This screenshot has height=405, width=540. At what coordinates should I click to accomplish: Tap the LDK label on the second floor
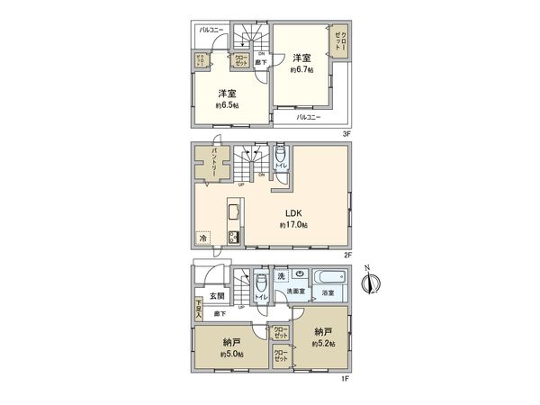click(293, 213)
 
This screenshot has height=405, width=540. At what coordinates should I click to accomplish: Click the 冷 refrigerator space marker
click(202, 239)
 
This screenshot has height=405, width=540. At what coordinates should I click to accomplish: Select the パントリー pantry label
click(213, 166)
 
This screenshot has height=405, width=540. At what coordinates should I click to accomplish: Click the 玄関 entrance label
click(218, 295)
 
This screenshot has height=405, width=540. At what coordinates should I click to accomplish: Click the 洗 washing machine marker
click(281, 274)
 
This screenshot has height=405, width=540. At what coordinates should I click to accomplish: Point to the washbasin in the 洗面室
click(300, 275)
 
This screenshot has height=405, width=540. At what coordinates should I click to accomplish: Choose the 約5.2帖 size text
click(323, 344)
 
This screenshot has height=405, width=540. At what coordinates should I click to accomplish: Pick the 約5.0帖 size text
click(232, 354)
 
